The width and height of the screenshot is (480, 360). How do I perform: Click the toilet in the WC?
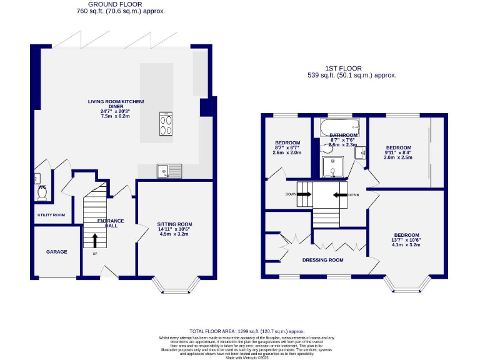(42, 193)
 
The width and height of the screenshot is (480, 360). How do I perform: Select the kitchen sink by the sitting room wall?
(169, 170)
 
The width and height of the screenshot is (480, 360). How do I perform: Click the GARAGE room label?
(56, 252)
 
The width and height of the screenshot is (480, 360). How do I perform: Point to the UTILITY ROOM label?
(51, 215)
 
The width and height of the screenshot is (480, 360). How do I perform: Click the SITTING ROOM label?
(175, 224)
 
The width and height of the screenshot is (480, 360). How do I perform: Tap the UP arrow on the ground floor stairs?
(95, 239)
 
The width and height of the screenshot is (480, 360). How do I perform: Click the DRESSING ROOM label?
(323, 260)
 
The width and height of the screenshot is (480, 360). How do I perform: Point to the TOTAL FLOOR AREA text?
(246, 331)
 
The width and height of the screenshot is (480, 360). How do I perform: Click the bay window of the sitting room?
(176, 285)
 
